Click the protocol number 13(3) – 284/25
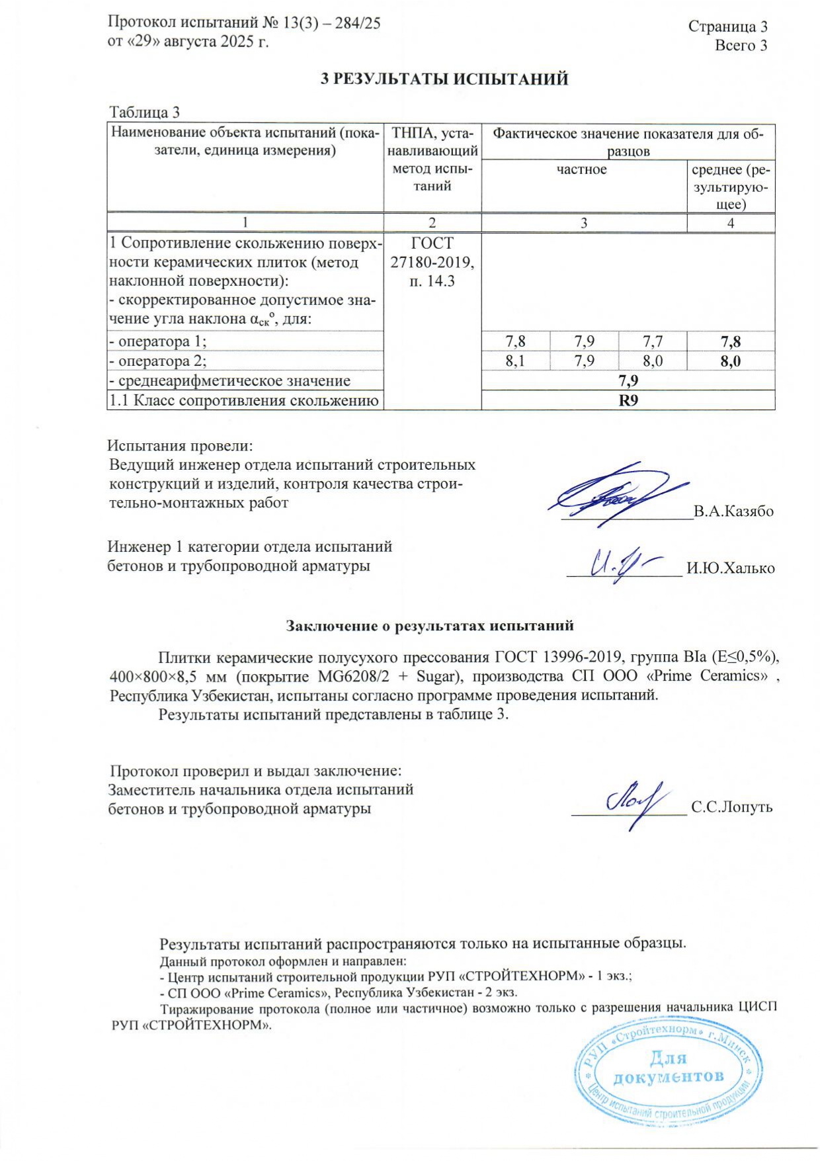pyautogui.click(x=331, y=23)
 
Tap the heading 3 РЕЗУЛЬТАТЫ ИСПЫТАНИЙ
pyautogui.click(x=444, y=79)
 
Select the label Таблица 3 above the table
pyautogui.click(x=144, y=112)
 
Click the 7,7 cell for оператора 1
pyautogui.click(x=652, y=341)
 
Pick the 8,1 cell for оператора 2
pyautogui.click(x=515, y=361)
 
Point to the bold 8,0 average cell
pyautogui.click(x=731, y=361)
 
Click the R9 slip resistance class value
pyautogui.click(x=628, y=400)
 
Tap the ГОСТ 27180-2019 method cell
pyautogui.click(x=432, y=262)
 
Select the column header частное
pyautogui.click(x=582, y=169)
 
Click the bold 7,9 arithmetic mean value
pyautogui.click(x=628, y=381)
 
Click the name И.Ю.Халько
pyautogui.click(x=731, y=568)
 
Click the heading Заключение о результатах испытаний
pyautogui.click(x=430, y=625)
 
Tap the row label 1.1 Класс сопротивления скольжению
pyautogui.click(x=244, y=400)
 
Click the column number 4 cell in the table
pyautogui.click(x=731, y=223)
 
